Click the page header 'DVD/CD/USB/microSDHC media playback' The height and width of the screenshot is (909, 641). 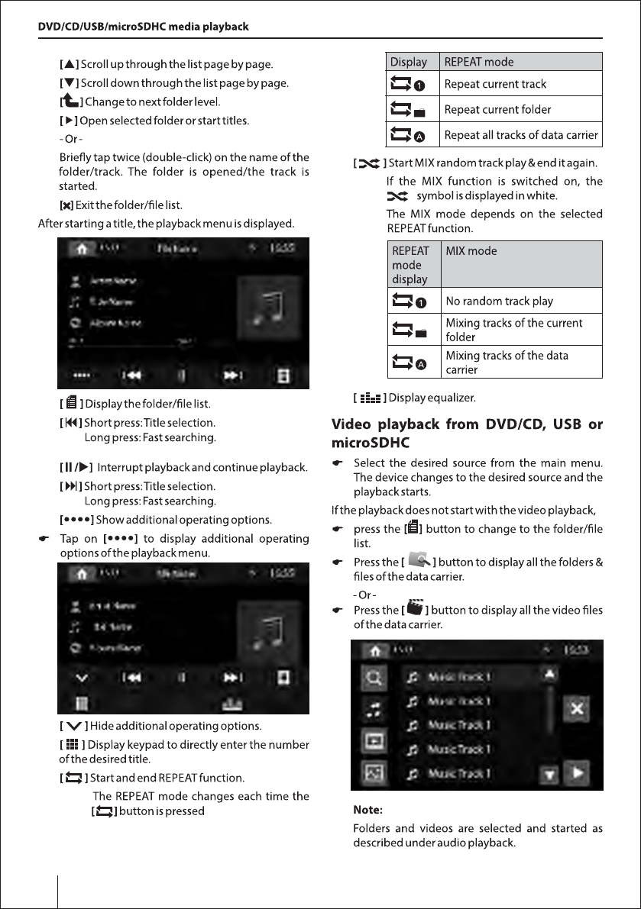click(x=144, y=27)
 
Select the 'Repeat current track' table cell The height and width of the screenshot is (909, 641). click(x=495, y=84)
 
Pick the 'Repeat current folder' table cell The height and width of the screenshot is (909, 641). click(x=497, y=110)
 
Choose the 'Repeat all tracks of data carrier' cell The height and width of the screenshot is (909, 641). click(x=520, y=136)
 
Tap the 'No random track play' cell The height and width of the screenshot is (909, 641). click(x=499, y=301)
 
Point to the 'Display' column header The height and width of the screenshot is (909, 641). click(x=409, y=62)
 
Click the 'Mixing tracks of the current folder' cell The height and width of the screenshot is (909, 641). click(x=513, y=330)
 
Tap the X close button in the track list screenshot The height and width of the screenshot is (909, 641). click(x=577, y=709)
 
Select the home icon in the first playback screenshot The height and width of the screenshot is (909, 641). click(x=79, y=248)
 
